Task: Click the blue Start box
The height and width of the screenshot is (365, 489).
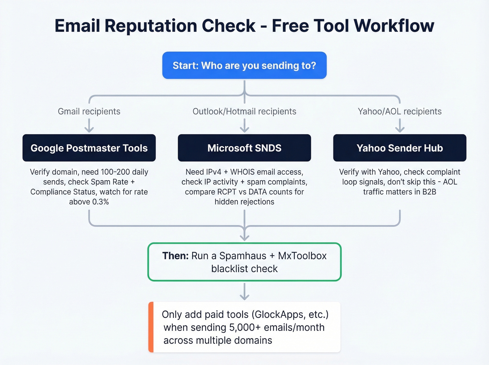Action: pyautogui.click(x=245, y=65)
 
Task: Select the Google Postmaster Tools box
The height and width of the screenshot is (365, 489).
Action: pyautogui.click(x=89, y=148)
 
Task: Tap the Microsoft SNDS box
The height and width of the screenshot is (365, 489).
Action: pyautogui.click(x=245, y=148)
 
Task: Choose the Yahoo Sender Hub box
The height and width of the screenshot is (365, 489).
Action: pyautogui.click(x=400, y=148)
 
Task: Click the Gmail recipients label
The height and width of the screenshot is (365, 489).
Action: pyautogui.click(x=89, y=111)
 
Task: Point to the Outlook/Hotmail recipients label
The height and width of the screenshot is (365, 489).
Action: pyautogui.click(x=245, y=111)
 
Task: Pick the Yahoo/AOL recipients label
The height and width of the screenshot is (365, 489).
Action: pyautogui.click(x=400, y=111)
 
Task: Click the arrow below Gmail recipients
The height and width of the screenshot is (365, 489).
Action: pyautogui.click(x=89, y=125)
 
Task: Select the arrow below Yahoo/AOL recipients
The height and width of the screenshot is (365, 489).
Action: pyautogui.click(x=400, y=125)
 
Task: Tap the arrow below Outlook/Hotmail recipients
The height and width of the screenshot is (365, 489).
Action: pyautogui.click(x=245, y=125)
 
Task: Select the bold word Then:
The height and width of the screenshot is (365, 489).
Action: pyautogui.click(x=175, y=256)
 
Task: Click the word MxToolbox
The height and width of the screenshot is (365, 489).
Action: pyautogui.click(x=302, y=256)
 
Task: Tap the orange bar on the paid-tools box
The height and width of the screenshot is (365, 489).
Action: pyautogui.click(x=151, y=327)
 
